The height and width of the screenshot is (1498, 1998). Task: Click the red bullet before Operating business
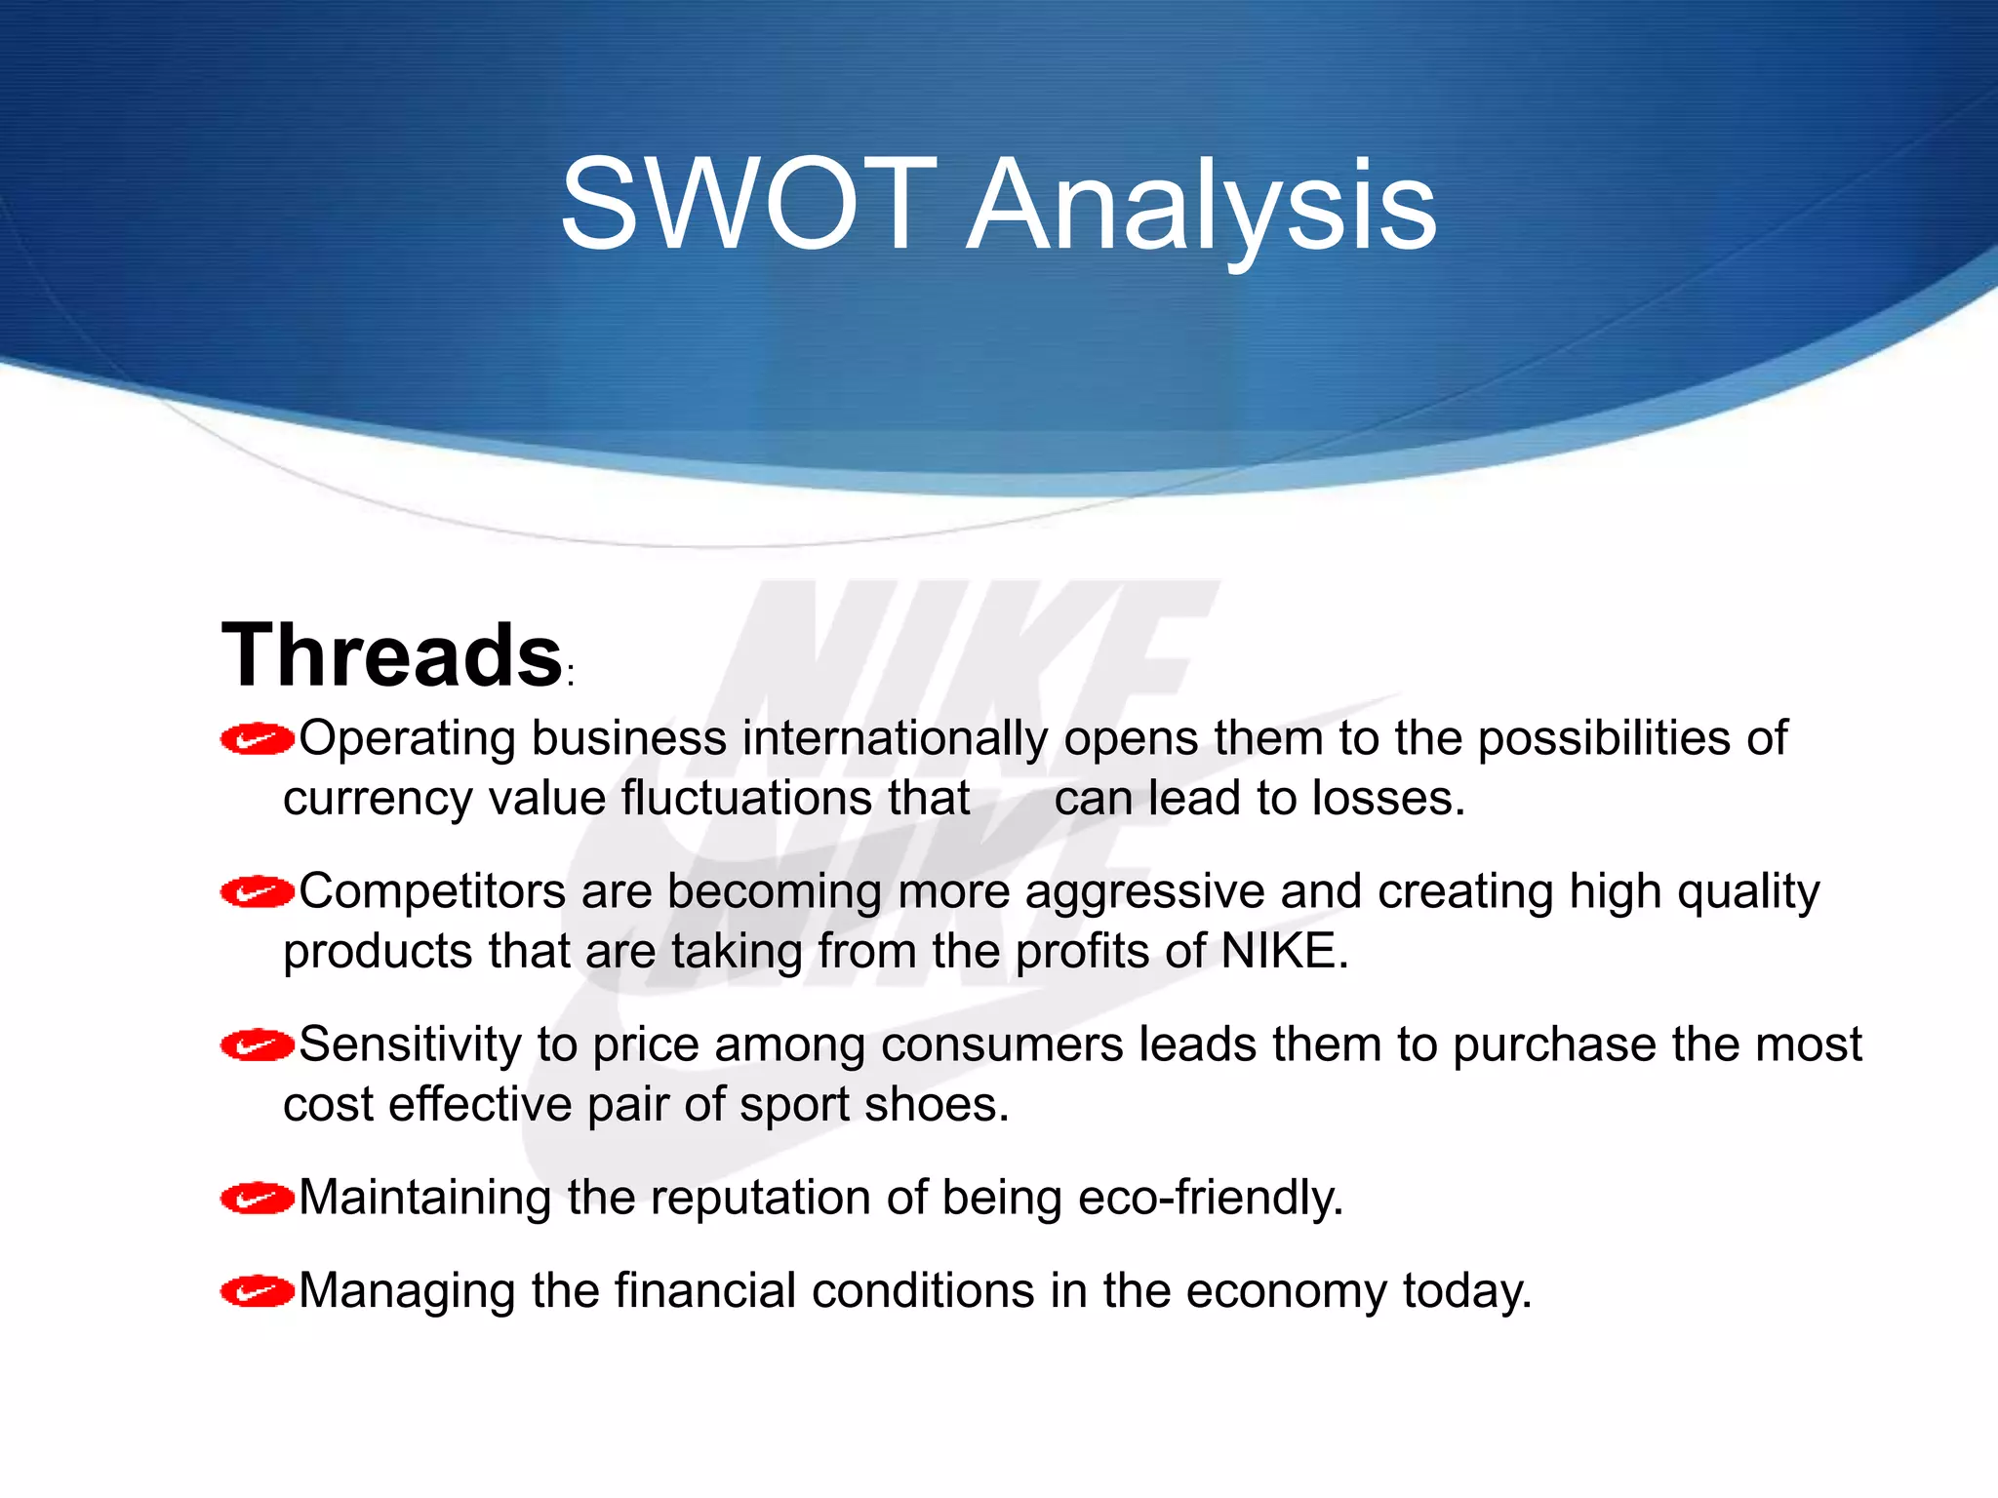pyautogui.click(x=257, y=740)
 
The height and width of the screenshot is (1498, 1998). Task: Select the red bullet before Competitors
pyautogui.click(x=257, y=892)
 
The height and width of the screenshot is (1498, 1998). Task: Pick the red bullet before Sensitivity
pyautogui.click(x=257, y=1045)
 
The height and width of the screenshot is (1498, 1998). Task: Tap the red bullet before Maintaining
pyautogui.click(x=257, y=1199)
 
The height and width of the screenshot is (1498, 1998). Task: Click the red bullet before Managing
pyautogui.click(x=257, y=1292)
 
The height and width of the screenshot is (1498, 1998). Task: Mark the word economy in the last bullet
pyautogui.click(x=1286, y=1292)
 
